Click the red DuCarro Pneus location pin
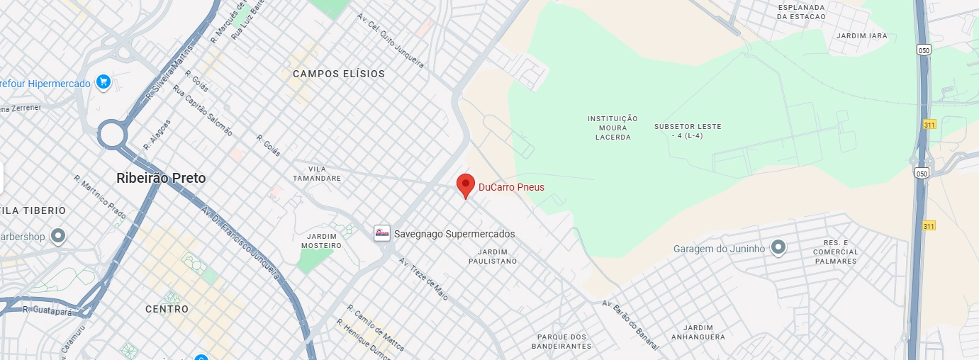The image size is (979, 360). tap(465, 186)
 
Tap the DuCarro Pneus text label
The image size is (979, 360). tap(511, 187)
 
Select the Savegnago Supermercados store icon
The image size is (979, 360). tap(382, 233)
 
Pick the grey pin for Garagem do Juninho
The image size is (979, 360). tap(778, 247)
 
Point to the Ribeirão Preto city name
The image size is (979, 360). tap(161, 179)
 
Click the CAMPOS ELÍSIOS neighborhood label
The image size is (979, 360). tap(339, 74)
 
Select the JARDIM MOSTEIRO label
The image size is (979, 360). tap(324, 240)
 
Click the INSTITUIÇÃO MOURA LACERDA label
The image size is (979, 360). tap(612, 128)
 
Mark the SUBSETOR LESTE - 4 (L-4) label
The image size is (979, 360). tap(688, 130)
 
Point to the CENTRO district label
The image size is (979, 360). tap(167, 309)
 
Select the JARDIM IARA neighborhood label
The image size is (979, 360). tap(861, 35)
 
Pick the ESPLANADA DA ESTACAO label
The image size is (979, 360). tap(802, 11)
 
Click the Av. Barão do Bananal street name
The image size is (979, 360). tap(631, 324)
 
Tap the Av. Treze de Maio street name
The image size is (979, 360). tap(423, 279)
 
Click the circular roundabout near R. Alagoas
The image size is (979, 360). tap(111, 134)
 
